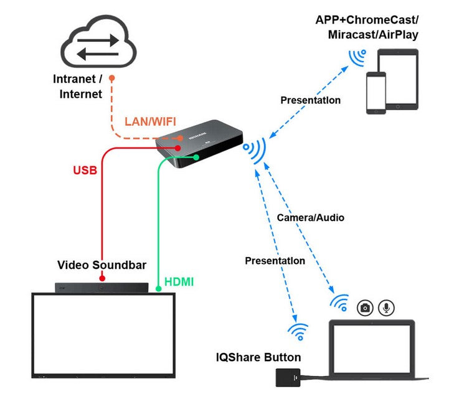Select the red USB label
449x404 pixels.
(85, 169)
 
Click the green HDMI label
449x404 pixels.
(179, 282)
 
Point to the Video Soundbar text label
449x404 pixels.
(102, 265)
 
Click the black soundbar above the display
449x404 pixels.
(102, 288)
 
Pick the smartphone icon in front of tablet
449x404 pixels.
(376, 93)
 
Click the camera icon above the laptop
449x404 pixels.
(365, 308)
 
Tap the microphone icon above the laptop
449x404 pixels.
(387, 308)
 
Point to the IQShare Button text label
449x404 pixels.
(258, 357)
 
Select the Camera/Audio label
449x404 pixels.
(310, 218)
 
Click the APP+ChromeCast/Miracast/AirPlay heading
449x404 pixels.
(366, 27)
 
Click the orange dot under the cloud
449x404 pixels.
(111, 78)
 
